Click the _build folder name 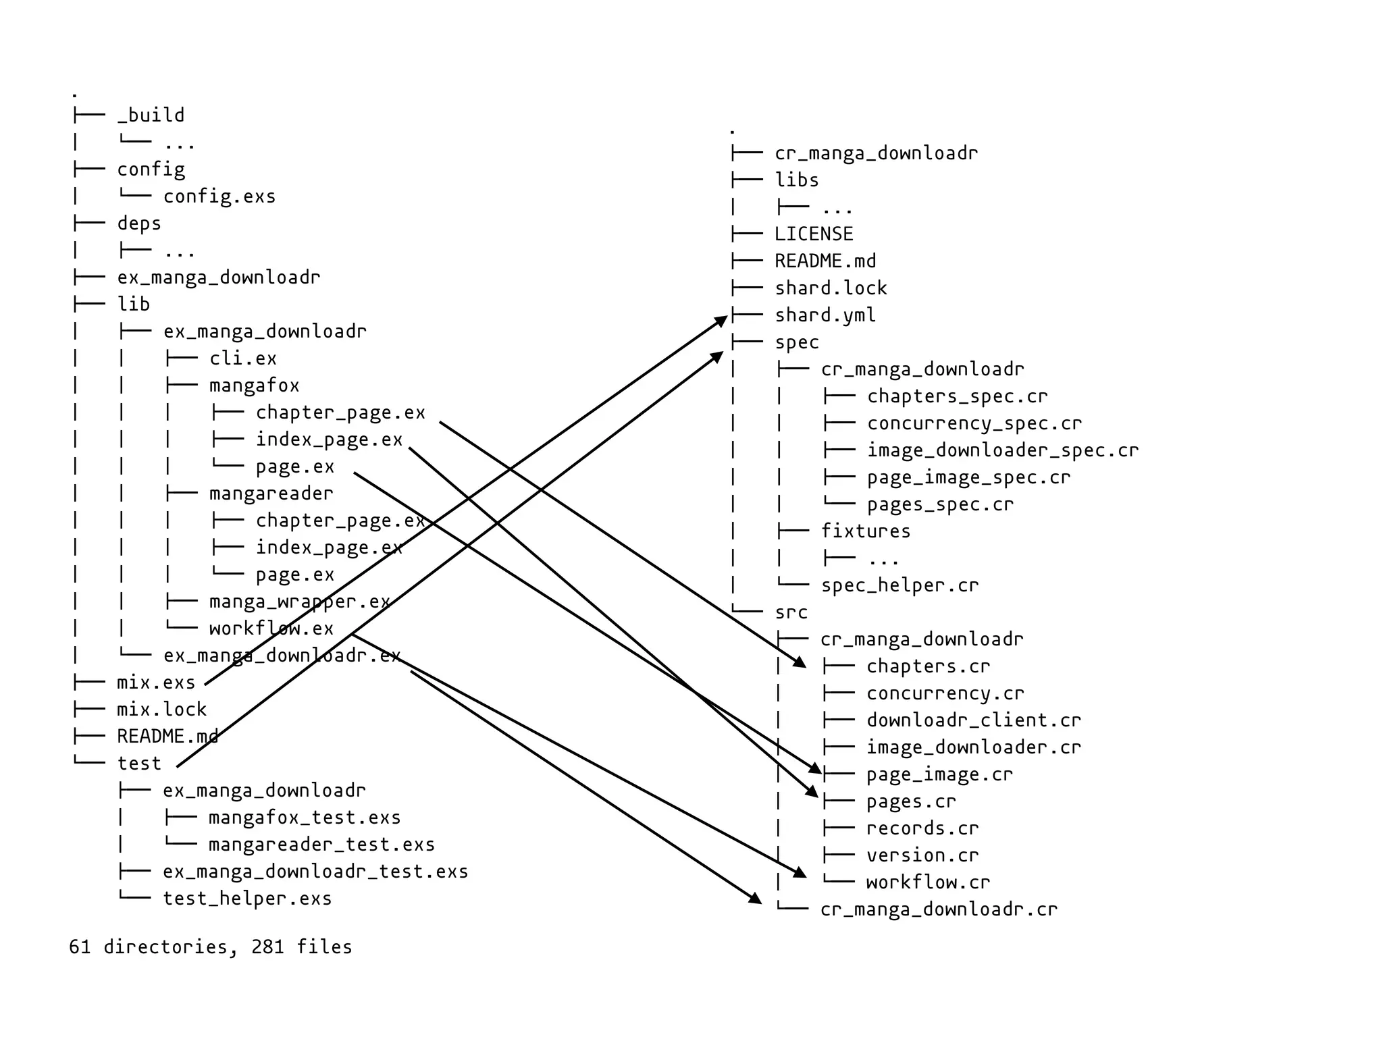click(151, 115)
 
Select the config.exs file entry click(219, 196)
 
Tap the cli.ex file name click(242, 358)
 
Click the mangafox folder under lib click(254, 385)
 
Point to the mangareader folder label click(271, 494)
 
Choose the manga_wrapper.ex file click(299, 602)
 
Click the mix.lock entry click(161, 710)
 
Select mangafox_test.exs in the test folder click(305, 818)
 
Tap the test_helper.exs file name click(247, 899)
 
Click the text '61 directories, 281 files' click(211, 947)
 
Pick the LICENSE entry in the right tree click(814, 234)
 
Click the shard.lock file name click(831, 288)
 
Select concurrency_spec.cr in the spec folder click(974, 423)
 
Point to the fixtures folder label click(866, 531)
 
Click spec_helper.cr click(899, 585)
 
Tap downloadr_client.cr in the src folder click(974, 720)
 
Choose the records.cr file click(922, 828)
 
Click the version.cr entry click(922, 855)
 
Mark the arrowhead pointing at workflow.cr click(800, 873)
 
